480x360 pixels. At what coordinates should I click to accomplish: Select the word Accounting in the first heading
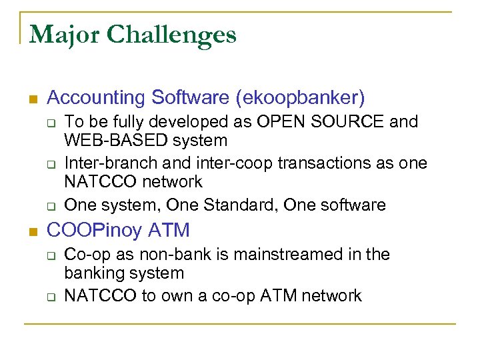(97, 98)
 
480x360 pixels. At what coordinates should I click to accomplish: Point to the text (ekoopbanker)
(299, 98)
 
